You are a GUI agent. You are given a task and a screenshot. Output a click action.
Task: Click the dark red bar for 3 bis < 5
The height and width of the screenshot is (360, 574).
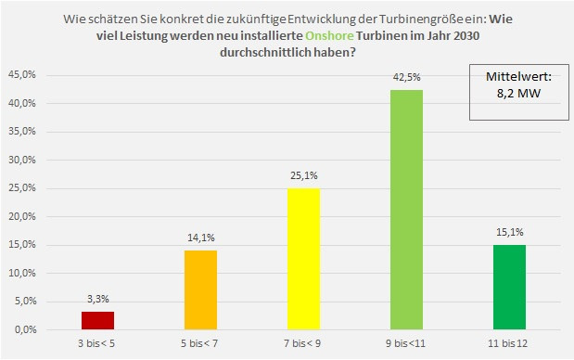(x=98, y=321)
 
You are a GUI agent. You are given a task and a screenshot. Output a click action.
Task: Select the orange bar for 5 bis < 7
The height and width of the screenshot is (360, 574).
(x=201, y=290)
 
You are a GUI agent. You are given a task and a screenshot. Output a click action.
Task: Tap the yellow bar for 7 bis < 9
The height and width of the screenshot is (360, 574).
(x=304, y=260)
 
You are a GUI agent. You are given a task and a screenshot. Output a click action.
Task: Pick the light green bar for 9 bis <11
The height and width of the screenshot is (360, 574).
(x=406, y=210)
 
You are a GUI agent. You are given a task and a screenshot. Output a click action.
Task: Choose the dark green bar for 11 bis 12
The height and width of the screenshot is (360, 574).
(x=509, y=288)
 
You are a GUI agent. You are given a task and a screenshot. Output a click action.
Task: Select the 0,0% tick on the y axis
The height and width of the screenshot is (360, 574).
(x=23, y=330)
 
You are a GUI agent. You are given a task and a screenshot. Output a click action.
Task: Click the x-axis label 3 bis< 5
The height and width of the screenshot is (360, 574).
(x=98, y=345)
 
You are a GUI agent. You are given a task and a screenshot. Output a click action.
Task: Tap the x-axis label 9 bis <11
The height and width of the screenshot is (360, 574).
(x=406, y=345)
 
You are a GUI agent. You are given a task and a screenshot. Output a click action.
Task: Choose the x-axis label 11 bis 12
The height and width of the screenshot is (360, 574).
(x=509, y=345)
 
